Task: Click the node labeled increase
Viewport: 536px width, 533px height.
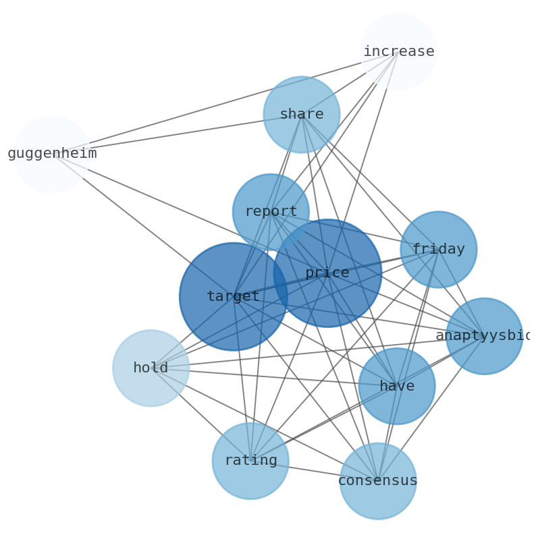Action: tap(398, 52)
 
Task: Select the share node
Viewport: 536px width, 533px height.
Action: tap(301, 115)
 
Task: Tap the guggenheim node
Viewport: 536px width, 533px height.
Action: tap(52, 154)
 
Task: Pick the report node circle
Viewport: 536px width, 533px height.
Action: tap(271, 212)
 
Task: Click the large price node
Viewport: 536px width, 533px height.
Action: tap(327, 273)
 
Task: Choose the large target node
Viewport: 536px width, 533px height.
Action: tap(233, 297)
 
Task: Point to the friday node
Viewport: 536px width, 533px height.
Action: tap(438, 250)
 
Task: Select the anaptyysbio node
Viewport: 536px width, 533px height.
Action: tap(484, 336)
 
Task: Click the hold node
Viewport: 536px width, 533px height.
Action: tap(151, 368)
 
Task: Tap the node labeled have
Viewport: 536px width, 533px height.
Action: tap(397, 387)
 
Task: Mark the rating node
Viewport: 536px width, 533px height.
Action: tap(250, 461)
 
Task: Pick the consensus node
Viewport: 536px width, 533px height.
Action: tap(377, 481)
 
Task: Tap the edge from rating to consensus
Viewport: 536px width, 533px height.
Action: tap(314, 471)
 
